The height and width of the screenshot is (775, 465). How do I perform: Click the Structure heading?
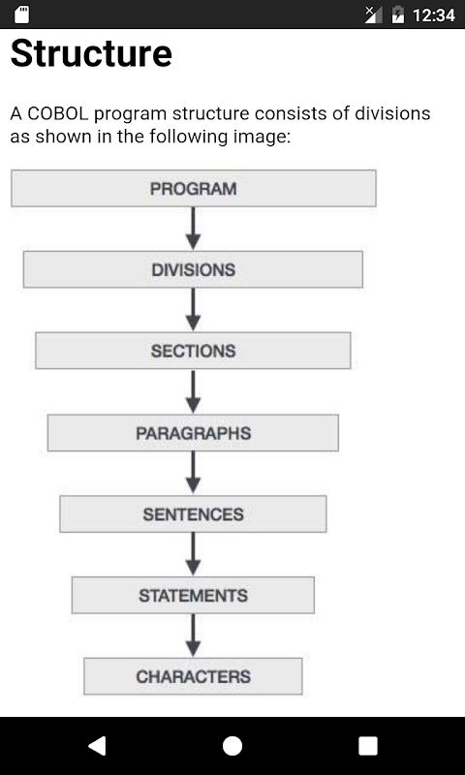[x=91, y=53]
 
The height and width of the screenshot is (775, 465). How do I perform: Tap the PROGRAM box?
[x=193, y=188]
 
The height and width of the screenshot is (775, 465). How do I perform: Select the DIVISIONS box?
[x=193, y=269]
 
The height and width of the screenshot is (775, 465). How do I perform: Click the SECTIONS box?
[x=193, y=351]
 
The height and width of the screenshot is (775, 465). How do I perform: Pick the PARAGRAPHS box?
[x=193, y=433]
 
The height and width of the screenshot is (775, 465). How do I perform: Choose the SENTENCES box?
[x=193, y=514]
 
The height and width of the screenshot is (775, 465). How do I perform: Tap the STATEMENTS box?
[x=193, y=595]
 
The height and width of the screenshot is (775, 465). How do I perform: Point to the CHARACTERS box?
[x=193, y=676]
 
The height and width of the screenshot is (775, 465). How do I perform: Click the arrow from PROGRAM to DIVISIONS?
[x=193, y=229]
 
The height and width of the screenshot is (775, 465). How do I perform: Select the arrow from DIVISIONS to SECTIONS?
[x=193, y=310]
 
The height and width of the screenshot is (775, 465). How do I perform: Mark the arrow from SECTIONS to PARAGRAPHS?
[x=193, y=391]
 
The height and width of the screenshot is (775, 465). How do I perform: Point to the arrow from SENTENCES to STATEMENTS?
[x=193, y=554]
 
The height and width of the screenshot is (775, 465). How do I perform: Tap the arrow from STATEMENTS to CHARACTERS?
[x=193, y=635]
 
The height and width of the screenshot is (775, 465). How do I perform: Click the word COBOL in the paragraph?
[x=58, y=113]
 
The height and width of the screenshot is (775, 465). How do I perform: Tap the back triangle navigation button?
[x=97, y=745]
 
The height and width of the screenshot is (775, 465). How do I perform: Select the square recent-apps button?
[x=368, y=746]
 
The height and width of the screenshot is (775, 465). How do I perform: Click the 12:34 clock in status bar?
[x=434, y=15]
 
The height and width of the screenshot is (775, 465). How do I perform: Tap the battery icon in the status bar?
[x=398, y=15]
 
